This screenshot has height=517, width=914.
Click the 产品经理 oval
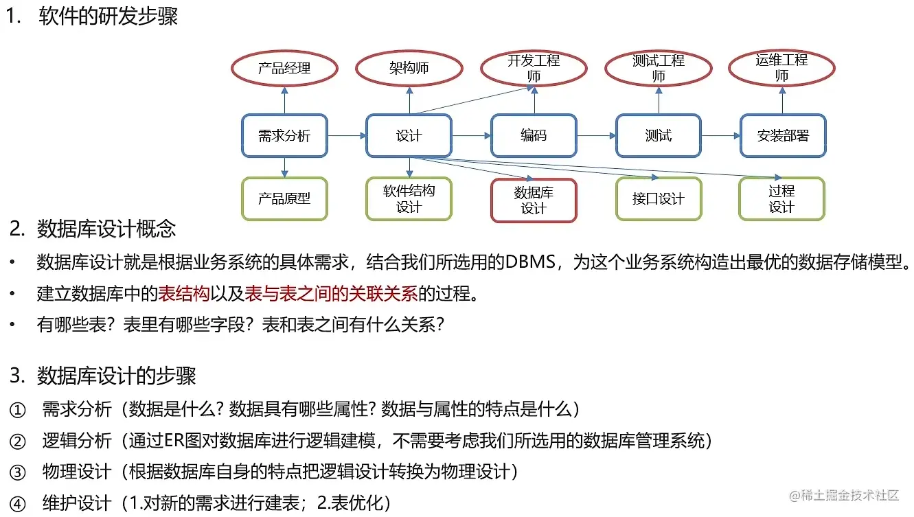[x=284, y=68]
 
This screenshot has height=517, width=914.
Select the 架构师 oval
[x=409, y=68]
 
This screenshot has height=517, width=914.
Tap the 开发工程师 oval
[x=534, y=68]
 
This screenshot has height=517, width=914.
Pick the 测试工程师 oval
[x=658, y=68]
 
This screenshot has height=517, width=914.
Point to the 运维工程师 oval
[x=781, y=68]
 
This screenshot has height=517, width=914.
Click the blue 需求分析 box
[x=284, y=135]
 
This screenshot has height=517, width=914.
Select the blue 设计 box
[x=409, y=135]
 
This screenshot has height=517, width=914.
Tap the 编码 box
[x=534, y=135]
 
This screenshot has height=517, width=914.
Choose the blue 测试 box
[x=658, y=135]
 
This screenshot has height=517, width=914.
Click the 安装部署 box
[x=783, y=135]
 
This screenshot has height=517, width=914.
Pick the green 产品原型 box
[x=284, y=198]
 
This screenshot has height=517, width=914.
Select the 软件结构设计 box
[x=409, y=198]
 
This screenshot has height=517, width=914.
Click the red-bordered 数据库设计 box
[x=534, y=200]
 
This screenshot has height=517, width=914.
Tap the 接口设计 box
[x=658, y=198]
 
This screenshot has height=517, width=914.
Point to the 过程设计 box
[x=781, y=198]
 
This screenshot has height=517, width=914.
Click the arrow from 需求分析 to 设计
[x=347, y=136]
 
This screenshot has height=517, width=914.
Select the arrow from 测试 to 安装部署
[x=720, y=136]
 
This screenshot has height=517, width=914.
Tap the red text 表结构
[x=183, y=294]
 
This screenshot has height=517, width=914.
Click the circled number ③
[x=17, y=472]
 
